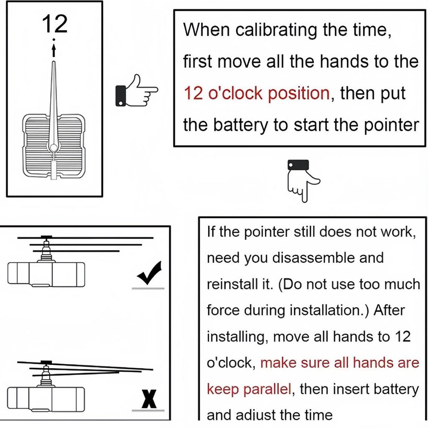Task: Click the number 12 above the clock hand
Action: tap(55, 24)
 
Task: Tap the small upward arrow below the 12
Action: tap(54, 50)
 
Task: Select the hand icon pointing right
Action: tap(137, 91)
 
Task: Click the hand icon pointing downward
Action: tap(303, 181)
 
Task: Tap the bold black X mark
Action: tap(149, 399)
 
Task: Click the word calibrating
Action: tap(276, 30)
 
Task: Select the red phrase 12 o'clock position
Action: tap(257, 93)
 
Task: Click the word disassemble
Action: tap(313, 257)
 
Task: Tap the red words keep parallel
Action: tap(249, 389)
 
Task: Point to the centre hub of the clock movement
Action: tap(53, 148)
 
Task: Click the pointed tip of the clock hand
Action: tap(54, 62)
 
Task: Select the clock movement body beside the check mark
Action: tap(46, 275)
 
